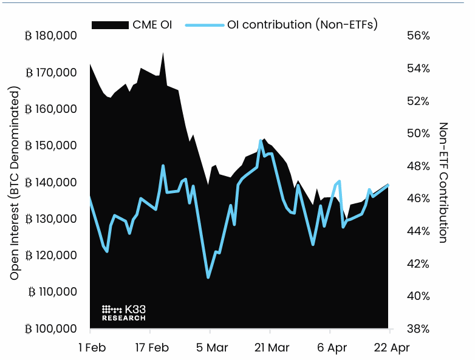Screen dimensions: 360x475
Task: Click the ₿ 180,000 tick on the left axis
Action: tap(52, 36)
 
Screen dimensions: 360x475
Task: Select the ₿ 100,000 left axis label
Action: tap(52, 328)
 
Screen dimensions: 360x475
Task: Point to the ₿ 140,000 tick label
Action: tap(52, 182)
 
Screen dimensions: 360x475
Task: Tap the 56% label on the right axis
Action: tap(417, 36)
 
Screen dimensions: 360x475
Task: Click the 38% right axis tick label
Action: tap(417, 328)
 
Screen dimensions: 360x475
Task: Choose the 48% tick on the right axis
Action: tap(417, 166)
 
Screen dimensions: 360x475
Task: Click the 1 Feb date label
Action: tap(90, 348)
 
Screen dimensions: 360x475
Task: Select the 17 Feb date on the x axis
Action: tap(149, 348)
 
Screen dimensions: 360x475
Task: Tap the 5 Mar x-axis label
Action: tap(210, 348)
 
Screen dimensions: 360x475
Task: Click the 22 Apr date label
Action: tap(389, 348)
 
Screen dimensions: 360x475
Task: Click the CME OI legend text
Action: tap(152, 25)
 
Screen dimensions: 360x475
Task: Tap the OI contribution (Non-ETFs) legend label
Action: tap(302, 25)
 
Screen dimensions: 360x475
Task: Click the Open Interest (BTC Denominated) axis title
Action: tap(15, 182)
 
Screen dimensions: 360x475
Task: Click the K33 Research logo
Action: tap(123, 312)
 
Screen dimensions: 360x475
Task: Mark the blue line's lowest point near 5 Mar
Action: tap(208, 277)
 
